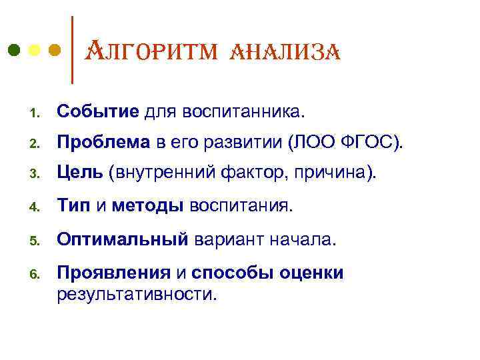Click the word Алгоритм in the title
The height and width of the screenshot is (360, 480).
(x=149, y=51)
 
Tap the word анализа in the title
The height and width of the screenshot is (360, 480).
(x=285, y=51)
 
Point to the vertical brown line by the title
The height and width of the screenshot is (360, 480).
(x=71, y=50)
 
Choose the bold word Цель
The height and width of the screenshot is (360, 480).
(x=79, y=173)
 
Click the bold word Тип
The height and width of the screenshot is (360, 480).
(x=73, y=206)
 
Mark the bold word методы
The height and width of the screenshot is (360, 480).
(x=147, y=206)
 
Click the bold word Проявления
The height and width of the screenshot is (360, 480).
(x=115, y=273)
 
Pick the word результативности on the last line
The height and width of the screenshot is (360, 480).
(x=137, y=293)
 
